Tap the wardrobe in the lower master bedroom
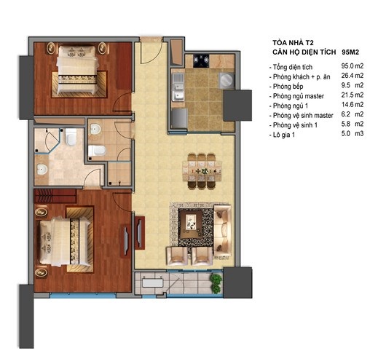54,196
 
